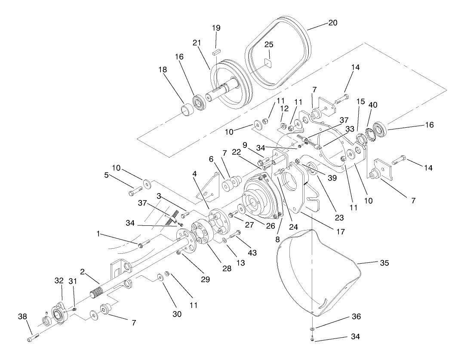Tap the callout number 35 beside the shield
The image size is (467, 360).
(x=384, y=263)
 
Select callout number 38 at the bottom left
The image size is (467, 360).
(x=22, y=317)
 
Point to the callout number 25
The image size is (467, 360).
(x=269, y=45)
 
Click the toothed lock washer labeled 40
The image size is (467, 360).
(x=368, y=131)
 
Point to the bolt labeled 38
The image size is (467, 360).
(x=33, y=338)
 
